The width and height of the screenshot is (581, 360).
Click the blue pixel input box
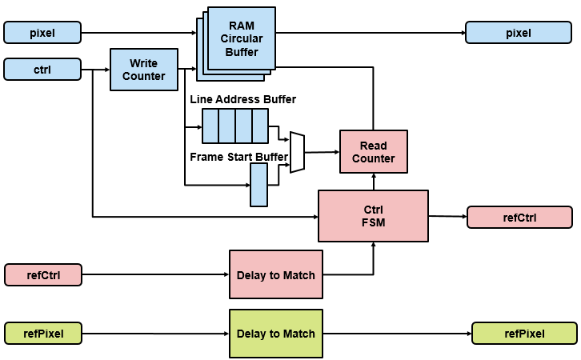tap(43, 33)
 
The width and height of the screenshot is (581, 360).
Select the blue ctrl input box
tap(43, 70)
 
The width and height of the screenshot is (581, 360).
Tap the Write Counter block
tap(144, 70)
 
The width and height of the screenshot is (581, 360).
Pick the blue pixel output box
tap(518, 33)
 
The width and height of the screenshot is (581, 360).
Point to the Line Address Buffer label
tap(242, 100)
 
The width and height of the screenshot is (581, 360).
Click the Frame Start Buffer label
tap(238, 157)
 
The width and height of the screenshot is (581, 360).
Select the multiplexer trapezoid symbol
tap(297, 152)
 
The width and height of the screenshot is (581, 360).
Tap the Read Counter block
tap(374, 152)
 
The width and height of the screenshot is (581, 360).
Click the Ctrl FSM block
tap(374, 216)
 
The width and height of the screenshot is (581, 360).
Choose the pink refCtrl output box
tap(519, 217)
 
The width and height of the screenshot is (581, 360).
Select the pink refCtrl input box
tap(43, 275)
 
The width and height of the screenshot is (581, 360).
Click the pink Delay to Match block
tap(276, 275)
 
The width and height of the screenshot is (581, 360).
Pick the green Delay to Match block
tap(276, 333)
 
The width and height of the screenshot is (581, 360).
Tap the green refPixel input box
tap(46, 333)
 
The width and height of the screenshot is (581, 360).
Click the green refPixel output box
tap(524, 333)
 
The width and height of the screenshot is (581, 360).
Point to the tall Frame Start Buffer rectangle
tap(258, 185)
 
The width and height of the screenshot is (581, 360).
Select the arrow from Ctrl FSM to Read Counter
tap(374, 182)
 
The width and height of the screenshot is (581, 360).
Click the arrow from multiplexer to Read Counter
tap(323, 151)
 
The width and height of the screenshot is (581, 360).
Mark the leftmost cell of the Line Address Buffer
tap(210, 126)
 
